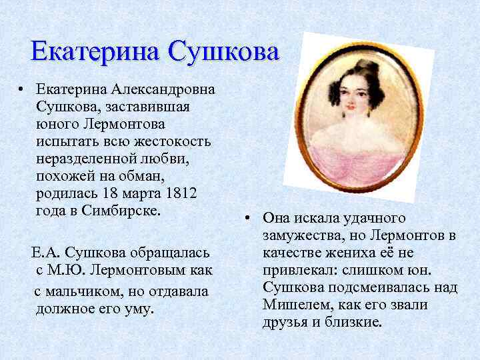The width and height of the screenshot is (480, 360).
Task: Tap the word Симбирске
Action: tap(121, 211)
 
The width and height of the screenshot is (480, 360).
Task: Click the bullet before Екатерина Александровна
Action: tap(22, 90)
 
